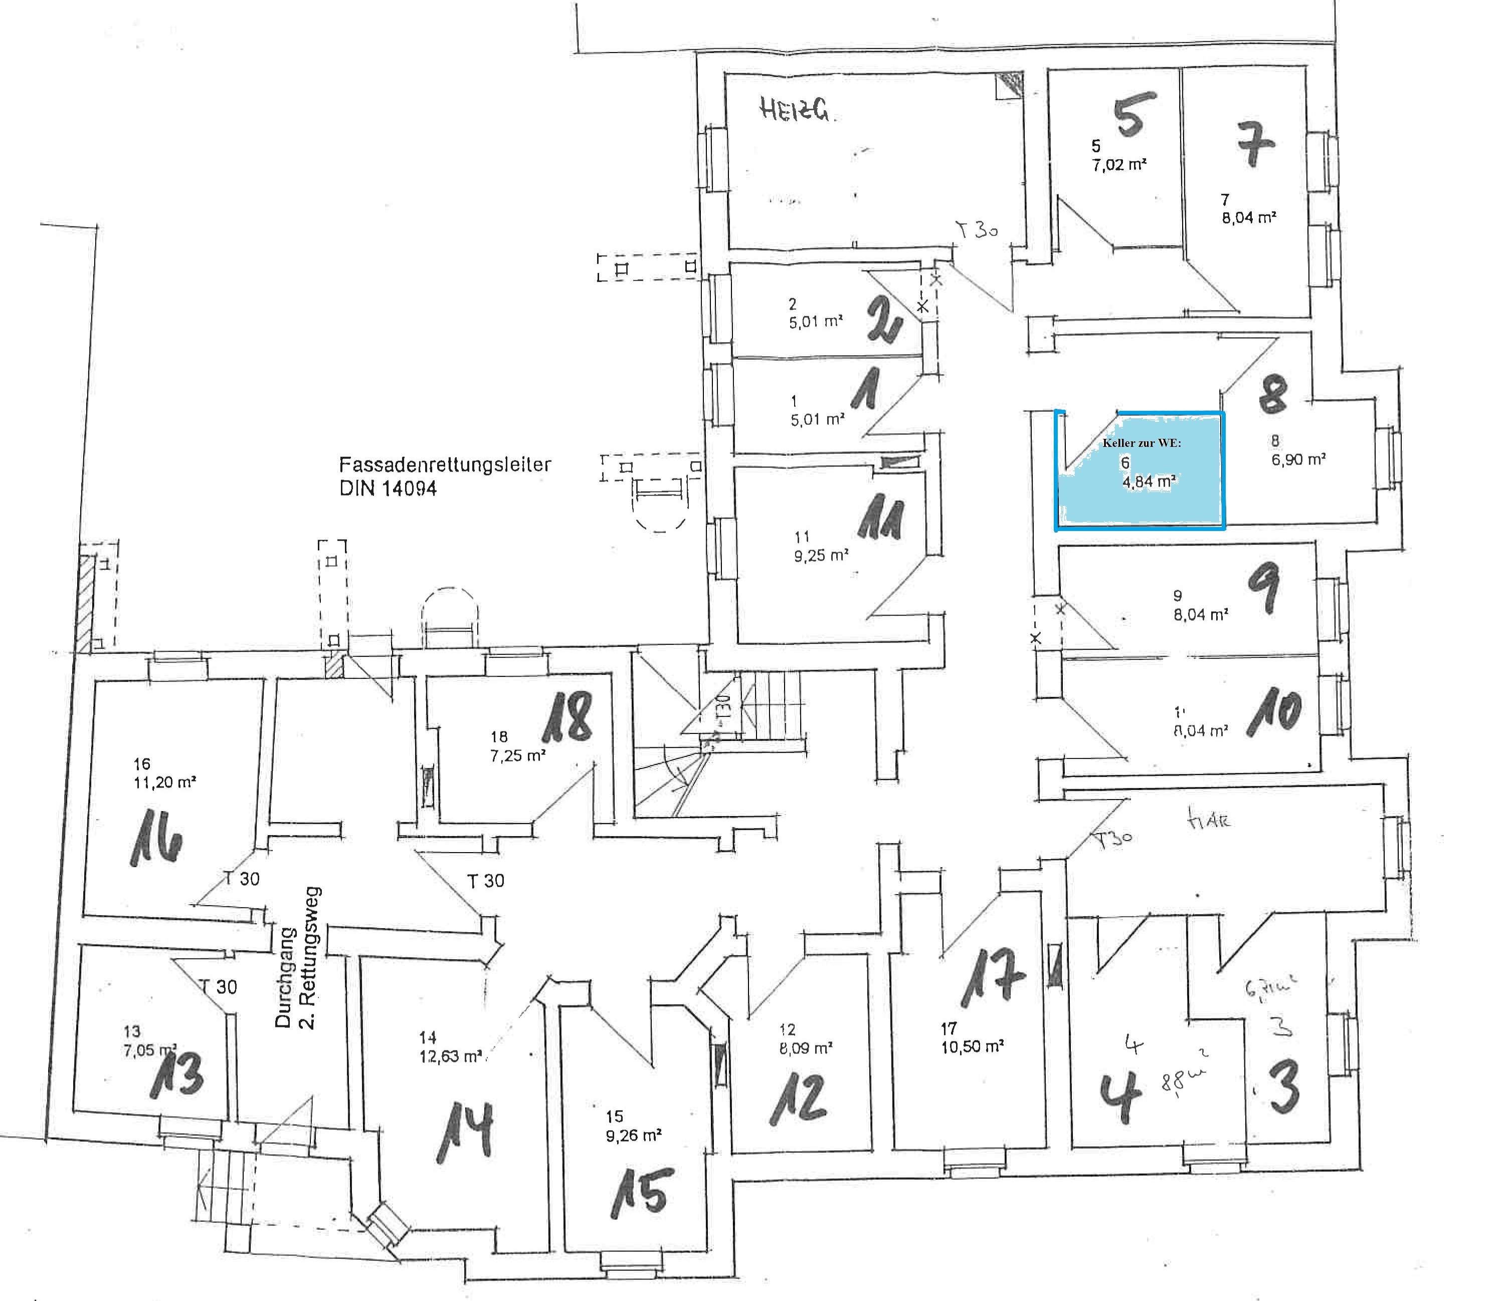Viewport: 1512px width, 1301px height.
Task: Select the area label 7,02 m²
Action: (1118, 165)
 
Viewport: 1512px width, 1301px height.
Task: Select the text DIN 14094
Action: (388, 488)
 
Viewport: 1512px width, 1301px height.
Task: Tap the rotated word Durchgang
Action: (284, 976)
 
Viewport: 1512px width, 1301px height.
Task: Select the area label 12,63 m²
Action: (450, 1056)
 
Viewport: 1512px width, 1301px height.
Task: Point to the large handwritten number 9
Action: (1264, 590)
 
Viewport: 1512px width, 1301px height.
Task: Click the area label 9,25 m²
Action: (821, 556)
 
